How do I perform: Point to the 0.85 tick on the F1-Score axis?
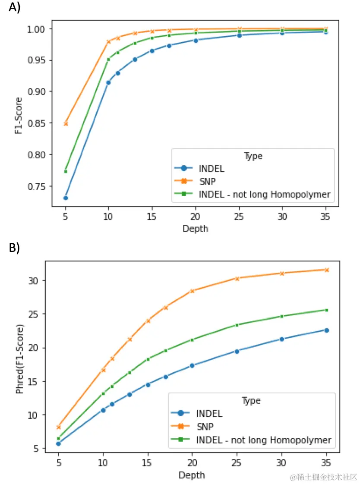point(38,123)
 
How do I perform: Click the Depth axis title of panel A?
point(195,229)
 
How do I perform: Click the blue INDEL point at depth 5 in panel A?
point(66,198)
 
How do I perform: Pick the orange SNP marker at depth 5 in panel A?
point(66,124)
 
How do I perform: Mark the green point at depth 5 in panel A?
point(66,171)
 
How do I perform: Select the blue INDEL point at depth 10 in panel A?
point(108,82)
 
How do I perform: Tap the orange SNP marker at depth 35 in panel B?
point(327,270)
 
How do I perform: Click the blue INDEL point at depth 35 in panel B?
point(327,330)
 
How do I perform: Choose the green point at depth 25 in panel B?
point(237,325)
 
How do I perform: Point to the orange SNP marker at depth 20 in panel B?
point(192,291)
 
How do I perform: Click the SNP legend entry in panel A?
point(207,181)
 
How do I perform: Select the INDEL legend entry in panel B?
point(209,414)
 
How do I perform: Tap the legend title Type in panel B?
point(251,401)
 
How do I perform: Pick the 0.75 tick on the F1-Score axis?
point(38,186)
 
